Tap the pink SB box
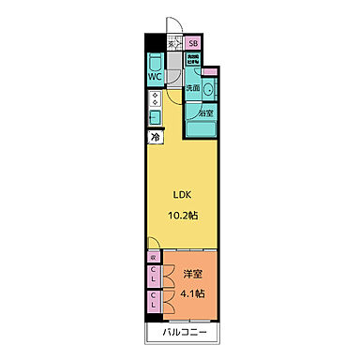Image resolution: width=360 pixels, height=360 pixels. click(x=193, y=42)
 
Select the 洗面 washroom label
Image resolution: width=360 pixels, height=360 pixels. click(x=192, y=87)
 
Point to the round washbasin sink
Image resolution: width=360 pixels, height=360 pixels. click(x=208, y=89)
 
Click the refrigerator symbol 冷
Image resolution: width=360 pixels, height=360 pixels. click(x=154, y=137)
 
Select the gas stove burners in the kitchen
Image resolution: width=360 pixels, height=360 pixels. click(x=154, y=100)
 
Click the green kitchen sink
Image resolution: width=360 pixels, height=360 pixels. click(x=154, y=117)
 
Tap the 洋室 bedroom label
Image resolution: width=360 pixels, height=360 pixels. click(x=192, y=274)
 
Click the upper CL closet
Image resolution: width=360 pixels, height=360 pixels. click(x=154, y=276)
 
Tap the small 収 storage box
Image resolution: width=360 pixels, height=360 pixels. click(x=153, y=255)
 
